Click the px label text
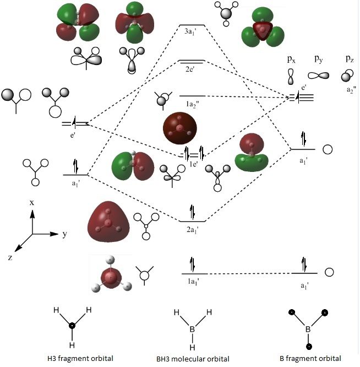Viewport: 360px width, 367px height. (x=291, y=59)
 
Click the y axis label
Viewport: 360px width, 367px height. (x=65, y=234)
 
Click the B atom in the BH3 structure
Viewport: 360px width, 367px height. (x=192, y=330)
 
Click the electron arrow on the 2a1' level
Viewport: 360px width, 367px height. (x=192, y=212)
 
